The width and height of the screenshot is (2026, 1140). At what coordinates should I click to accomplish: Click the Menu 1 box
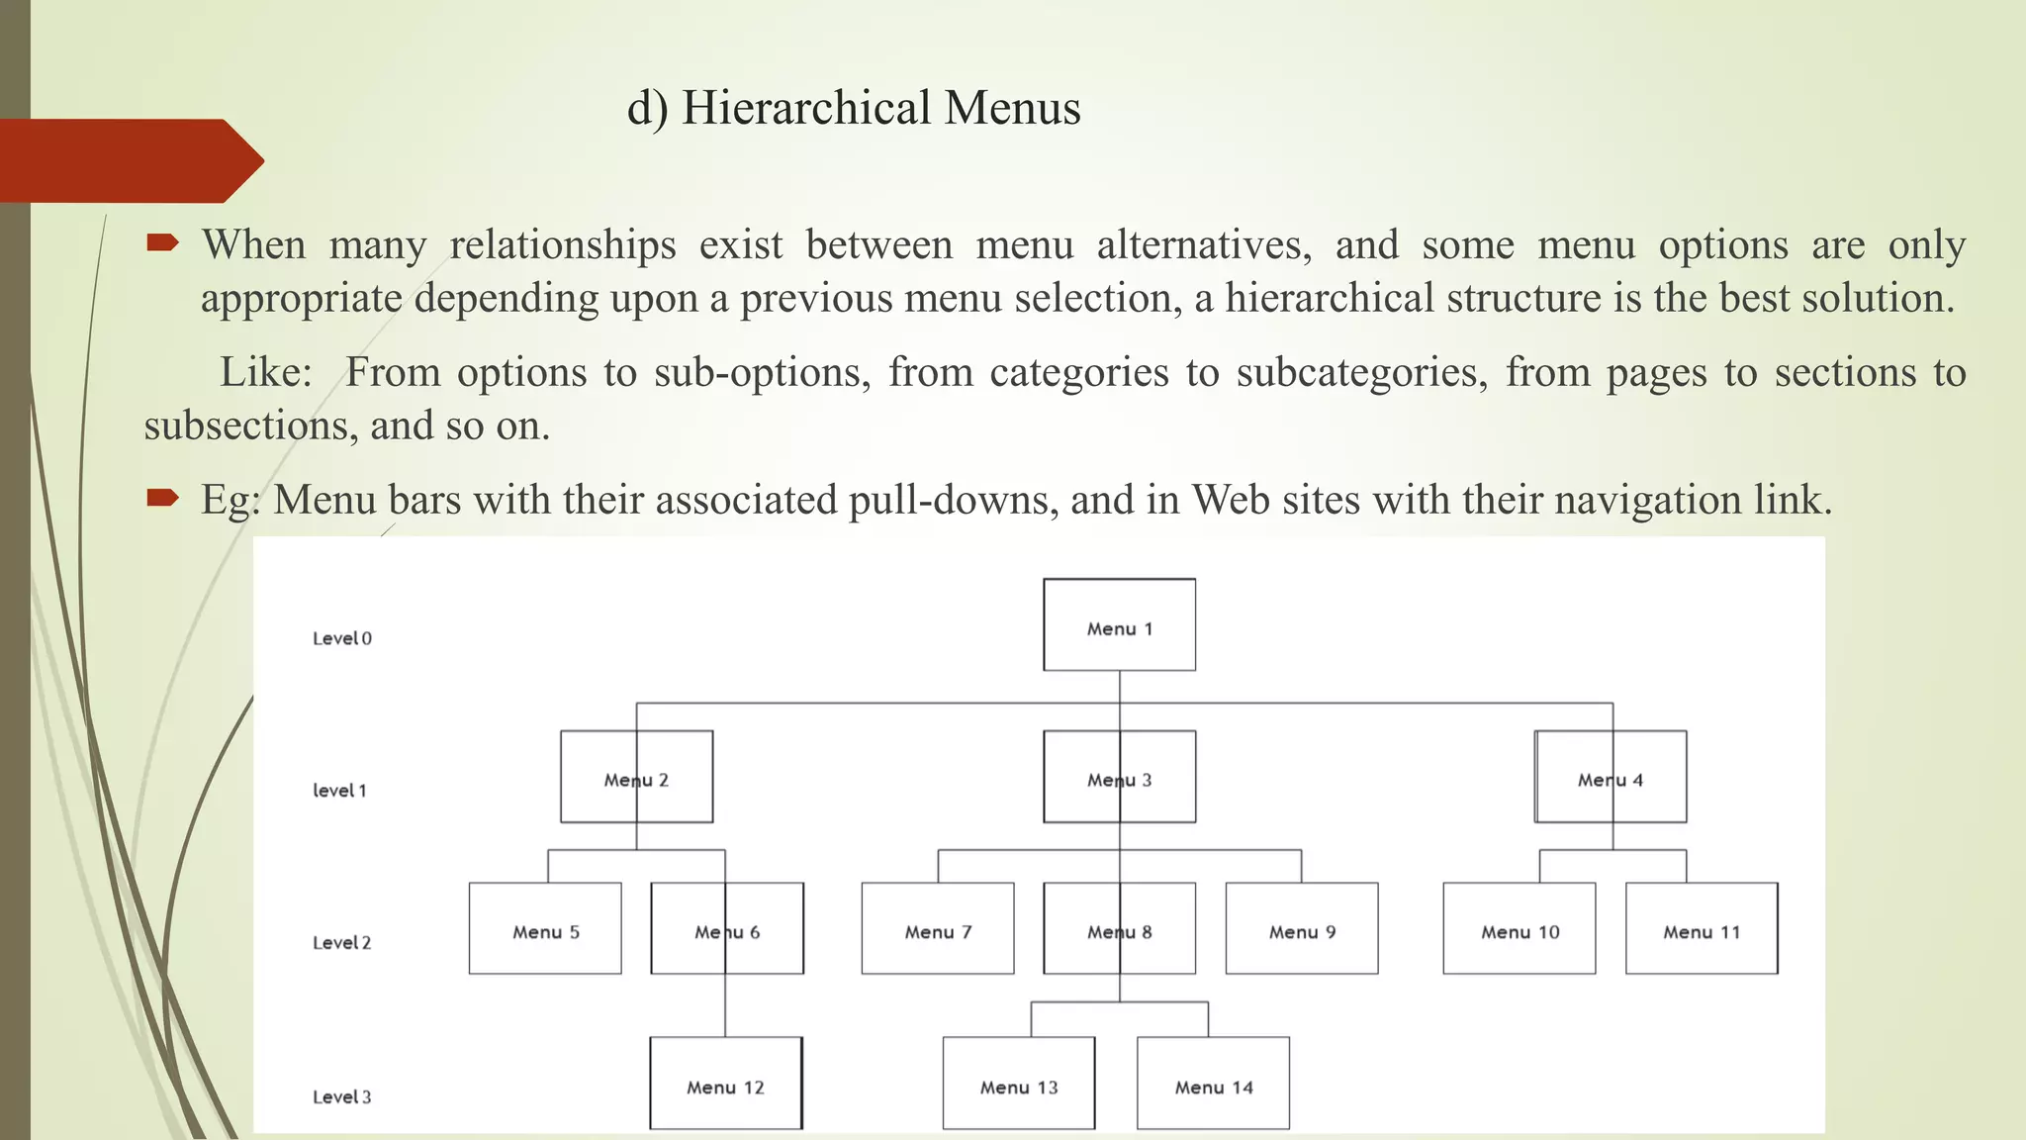click(x=1119, y=624)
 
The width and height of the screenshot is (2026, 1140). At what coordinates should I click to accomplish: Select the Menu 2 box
click(x=636, y=777)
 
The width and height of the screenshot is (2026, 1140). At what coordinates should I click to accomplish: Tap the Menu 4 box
click(x=1611, y=777)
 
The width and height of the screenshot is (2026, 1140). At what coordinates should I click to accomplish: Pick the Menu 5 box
click(x=545, y=928)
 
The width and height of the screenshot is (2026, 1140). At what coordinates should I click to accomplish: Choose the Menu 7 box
click(x=938, y=928)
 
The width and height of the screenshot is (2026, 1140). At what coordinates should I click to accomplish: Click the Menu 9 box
click(x=1302, y=928)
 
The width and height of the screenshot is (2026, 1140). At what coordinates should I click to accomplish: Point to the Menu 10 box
click(x=1519, y=928)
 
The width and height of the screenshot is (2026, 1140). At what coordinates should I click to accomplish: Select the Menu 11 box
click(x=1702, y=928)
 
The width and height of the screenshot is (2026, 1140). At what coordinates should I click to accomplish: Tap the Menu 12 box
click(x=726, y=1084)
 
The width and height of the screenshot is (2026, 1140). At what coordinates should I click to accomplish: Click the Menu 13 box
click(x=1019, y=1084)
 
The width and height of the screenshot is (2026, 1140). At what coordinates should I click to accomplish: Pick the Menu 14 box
click(x=1214, y=1084)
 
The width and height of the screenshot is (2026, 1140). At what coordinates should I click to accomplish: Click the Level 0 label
click(x=342, y=639)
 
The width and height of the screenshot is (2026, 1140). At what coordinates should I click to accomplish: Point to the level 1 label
click(x=339, y=791)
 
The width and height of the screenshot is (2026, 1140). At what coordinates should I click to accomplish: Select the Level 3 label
click(x=342, y=1097)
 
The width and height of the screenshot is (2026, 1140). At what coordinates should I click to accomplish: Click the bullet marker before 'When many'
click(x=162, y=242)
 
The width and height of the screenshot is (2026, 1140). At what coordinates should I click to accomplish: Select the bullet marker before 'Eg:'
click(x=162, y=497)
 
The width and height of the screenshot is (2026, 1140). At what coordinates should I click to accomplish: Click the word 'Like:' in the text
click(x=265, y=373)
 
